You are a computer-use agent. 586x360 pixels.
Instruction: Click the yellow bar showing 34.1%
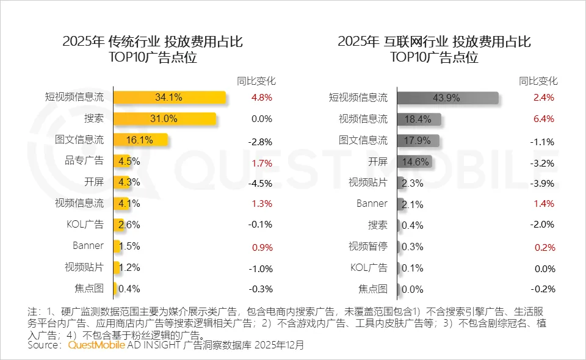(x=170, y=98)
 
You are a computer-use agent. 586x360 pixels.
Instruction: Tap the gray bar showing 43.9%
(x=447, y=98)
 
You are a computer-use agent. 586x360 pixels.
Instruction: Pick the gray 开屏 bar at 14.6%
(x=414, y=162)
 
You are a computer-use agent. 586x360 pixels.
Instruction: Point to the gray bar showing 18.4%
(x=419, y=119)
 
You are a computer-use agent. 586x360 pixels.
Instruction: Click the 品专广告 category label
(x=85, y=161)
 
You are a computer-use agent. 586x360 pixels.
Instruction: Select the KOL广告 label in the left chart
(x=85, y=225)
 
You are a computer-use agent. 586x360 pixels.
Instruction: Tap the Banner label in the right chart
(x=372, y=204)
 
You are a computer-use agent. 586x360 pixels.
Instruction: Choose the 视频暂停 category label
(x=367, y=247)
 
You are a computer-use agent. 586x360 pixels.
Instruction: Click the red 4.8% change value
(x=261, y=98)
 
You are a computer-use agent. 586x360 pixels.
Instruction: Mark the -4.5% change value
(x=261, y=182)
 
